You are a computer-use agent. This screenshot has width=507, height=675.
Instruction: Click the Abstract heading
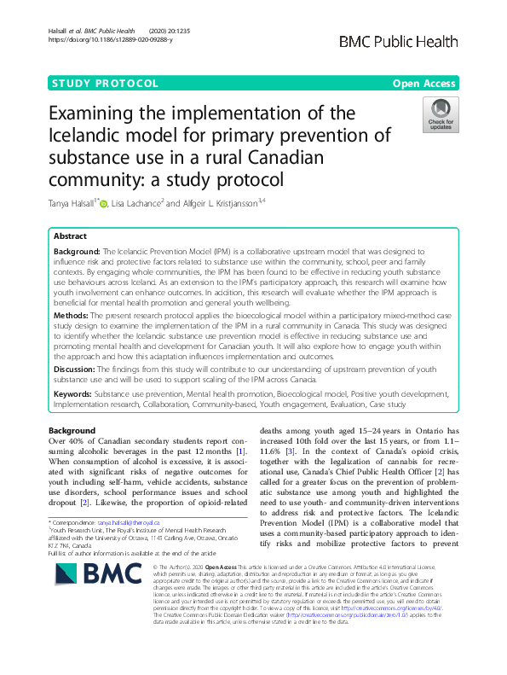(x=70, y=236)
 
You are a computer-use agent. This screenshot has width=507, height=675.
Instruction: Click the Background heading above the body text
(x=72, y=430)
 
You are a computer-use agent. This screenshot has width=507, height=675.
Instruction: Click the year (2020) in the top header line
(x=162, y=32)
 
